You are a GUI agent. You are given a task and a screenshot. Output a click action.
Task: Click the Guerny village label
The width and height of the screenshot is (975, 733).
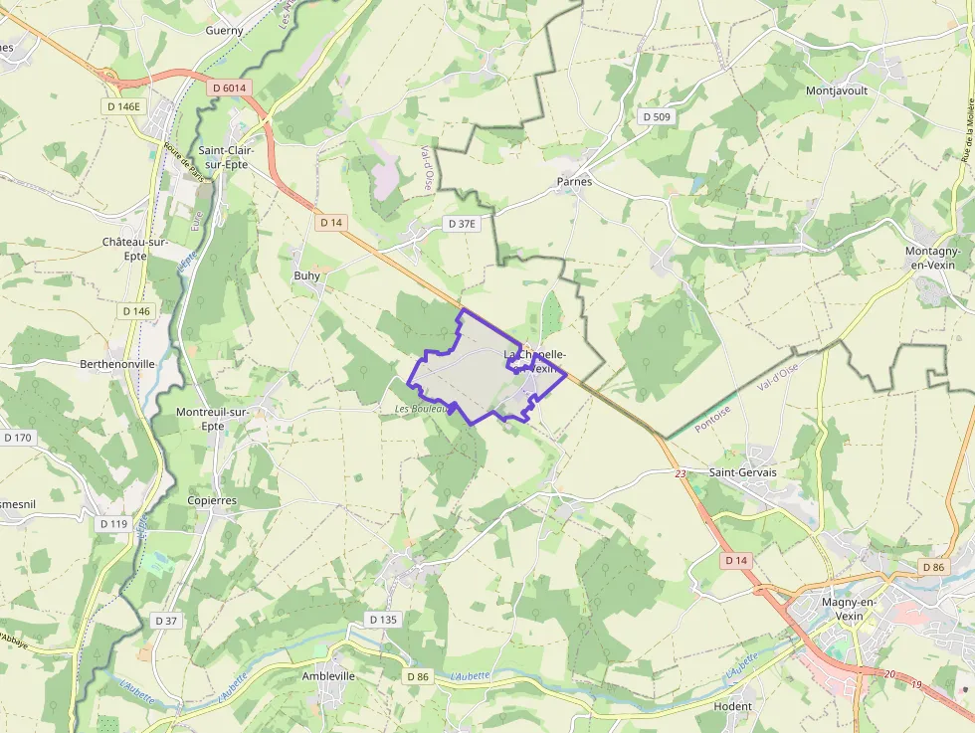(224, 31)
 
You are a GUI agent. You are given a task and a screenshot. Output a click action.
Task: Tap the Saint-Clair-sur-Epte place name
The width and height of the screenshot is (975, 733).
(225, 157)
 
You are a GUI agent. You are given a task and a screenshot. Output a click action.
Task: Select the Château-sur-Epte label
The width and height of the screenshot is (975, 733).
(136, 249)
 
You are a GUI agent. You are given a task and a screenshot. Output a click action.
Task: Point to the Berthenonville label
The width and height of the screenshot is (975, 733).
(117, 364)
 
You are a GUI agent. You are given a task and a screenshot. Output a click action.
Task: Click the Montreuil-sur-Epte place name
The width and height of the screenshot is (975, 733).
(212, 419)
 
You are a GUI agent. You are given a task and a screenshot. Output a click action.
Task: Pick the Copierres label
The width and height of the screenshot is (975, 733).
(212, 500)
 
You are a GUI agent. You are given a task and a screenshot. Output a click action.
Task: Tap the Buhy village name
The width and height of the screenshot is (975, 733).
(307, 275)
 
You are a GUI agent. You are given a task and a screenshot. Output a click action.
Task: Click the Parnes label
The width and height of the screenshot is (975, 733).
(574, 182)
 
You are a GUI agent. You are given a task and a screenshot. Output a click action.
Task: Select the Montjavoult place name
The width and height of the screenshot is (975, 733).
(837, 91)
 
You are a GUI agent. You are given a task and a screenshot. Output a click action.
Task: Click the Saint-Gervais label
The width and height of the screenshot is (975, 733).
(743, 472)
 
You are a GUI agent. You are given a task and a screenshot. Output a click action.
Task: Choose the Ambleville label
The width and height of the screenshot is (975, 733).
(328, 675)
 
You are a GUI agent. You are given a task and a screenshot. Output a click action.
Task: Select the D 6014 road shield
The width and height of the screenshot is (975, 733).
(229, 89)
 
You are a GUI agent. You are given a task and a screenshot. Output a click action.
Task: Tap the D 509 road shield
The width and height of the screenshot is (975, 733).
(658, 117)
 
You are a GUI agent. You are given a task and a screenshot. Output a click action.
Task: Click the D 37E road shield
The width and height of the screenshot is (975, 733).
(463, 224)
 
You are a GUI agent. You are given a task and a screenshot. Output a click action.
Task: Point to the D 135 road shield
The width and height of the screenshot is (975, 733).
(383, 620)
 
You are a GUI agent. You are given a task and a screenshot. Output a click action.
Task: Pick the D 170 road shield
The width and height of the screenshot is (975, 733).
(18, 438)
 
